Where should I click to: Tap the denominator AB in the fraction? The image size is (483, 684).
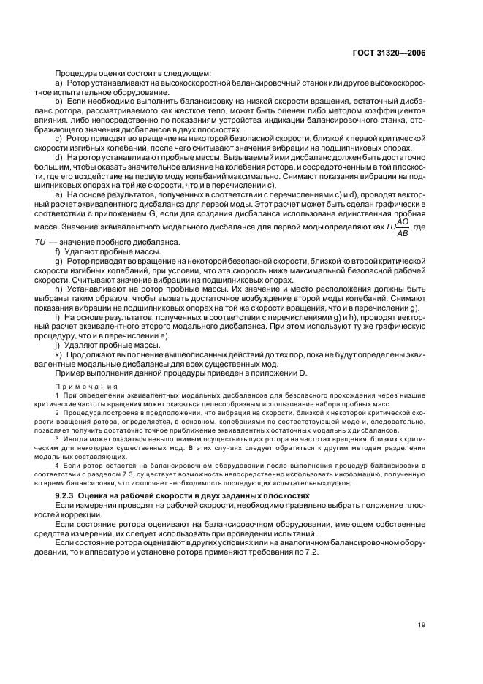coord(403,233)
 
